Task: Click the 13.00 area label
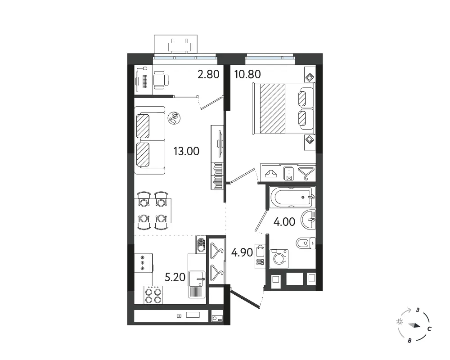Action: (x=186, y=151)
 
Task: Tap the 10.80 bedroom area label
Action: (x=247, y=74)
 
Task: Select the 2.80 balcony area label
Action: (x=208, y=74)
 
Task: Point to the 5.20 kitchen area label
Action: (x=175, y=277)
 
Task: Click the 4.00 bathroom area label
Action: (x=284, y=222)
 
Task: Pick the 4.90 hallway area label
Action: (x=242, y=252)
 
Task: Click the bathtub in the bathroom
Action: (x=292, y=197)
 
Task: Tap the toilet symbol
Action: (x=306, y=244)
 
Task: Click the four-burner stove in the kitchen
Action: (x=153, y=295)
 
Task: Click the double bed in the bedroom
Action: (x=283, y=108)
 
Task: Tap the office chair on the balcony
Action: (x=161, y=79)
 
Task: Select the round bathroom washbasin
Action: (x=308, y=220)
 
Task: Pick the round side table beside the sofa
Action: (x=175, y=118)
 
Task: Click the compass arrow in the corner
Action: (x=414, y=325)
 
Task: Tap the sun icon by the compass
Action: (x=400, y=322)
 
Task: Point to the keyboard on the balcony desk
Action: (x=145, y=82)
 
